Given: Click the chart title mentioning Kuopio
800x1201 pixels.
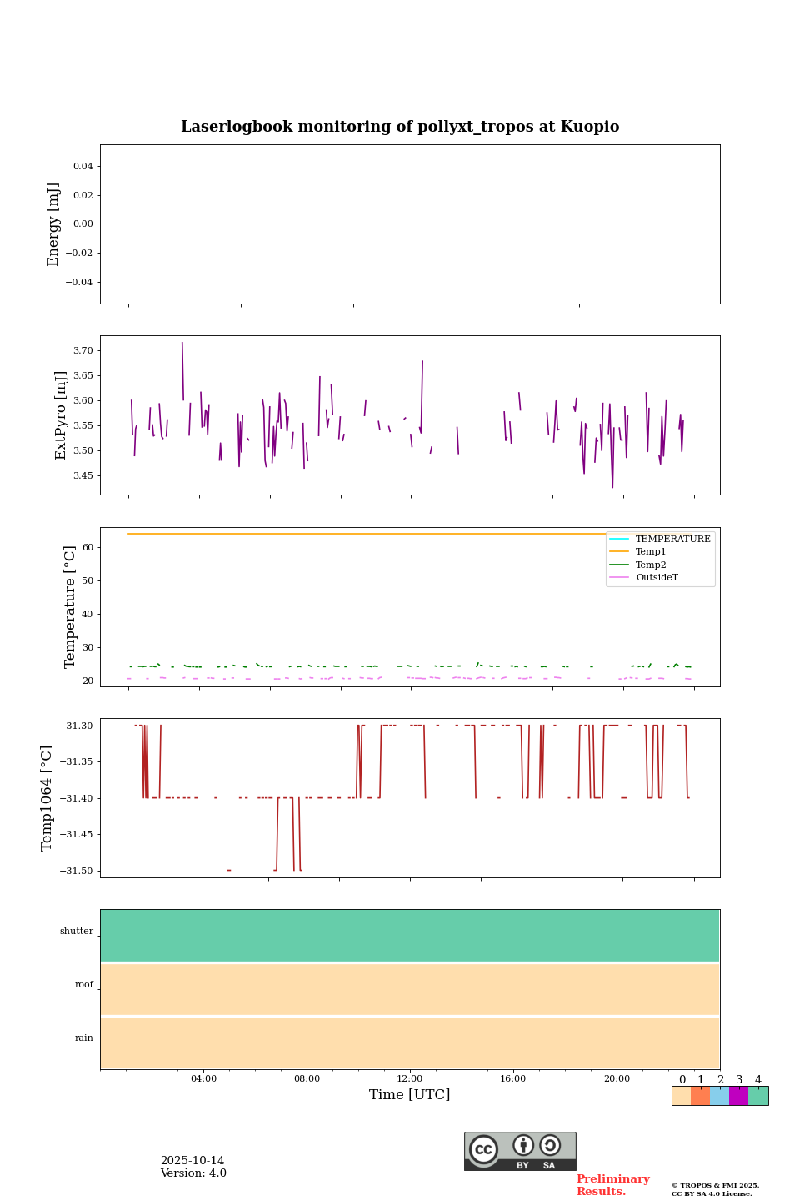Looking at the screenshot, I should click(x=400, y=127).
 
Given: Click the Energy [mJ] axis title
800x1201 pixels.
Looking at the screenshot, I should click(x=54, y=224).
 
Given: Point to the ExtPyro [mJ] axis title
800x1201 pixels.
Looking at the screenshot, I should click(x=61, y=415).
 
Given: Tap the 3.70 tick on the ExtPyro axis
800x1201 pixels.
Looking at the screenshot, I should click(x=83, y=350).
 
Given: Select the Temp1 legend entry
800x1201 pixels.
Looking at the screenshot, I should click(x=651, y=552).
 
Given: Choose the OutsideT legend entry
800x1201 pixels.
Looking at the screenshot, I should click(x=657, y=578).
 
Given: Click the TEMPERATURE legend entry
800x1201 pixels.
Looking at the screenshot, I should click(x=672, y=540).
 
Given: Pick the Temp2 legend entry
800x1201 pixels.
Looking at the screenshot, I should click(x=651, y=565).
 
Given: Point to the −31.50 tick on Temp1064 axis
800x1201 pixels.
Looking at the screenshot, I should click(x=76, y=871).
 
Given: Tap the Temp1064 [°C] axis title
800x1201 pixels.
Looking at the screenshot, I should click(x=47, y=798).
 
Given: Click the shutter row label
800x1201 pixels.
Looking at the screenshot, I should click(x=77, y=932).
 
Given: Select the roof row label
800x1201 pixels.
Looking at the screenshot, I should click(x=84, y=985).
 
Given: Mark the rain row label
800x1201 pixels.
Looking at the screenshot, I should click(x=84, y=1038).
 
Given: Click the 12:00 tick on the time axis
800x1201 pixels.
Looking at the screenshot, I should click(x=410, y=1079).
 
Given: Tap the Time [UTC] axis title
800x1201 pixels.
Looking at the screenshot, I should click(x=410, y=1095).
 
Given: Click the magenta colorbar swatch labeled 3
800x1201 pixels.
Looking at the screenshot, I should click(x=738, y=1096).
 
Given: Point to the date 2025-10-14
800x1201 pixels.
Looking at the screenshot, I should click(x=192, y=1161).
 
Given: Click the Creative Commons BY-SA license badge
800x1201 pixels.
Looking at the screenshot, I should click(x=520, y=1151).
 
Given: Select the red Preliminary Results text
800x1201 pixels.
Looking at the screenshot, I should click(x=612, y=1185).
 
